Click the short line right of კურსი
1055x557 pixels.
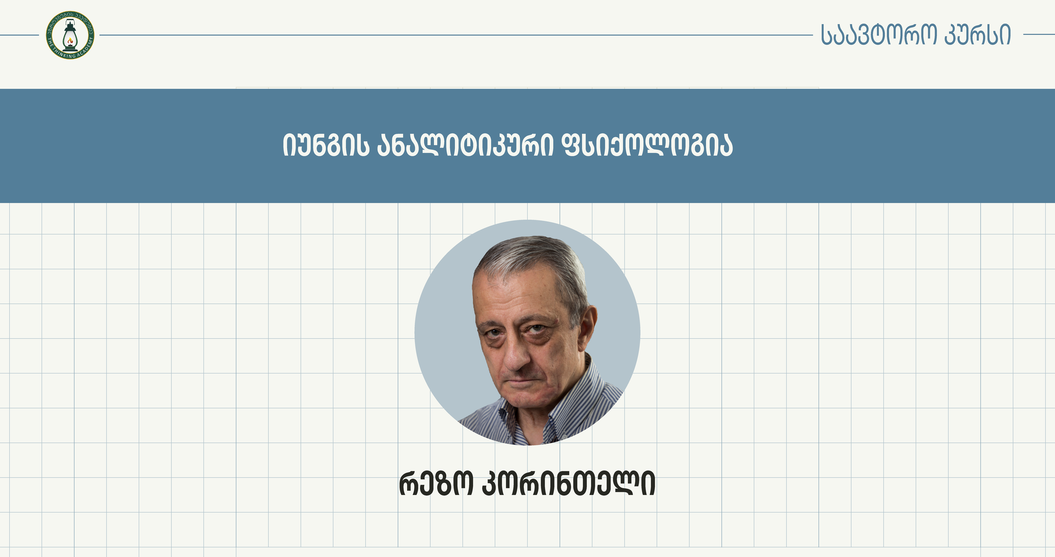coord(1039,35)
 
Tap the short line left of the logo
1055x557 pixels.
coord(19,35)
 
